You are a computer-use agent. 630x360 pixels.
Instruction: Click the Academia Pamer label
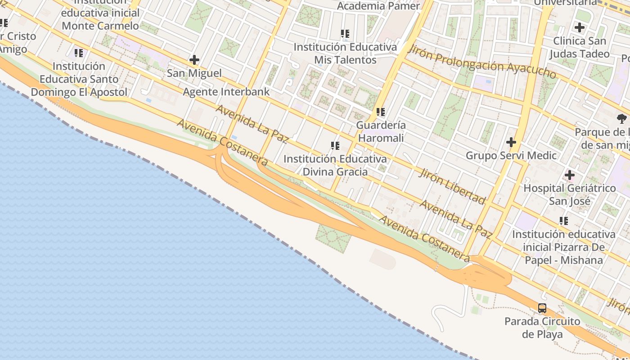click(378, 6)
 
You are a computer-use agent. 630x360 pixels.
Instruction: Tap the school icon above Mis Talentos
click(345, 33)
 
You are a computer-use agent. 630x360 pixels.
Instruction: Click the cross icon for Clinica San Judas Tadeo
click(580, 27)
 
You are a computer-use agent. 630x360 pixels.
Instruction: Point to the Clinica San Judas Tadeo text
click(580, 47)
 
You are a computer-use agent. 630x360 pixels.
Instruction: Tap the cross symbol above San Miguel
click(194, 60)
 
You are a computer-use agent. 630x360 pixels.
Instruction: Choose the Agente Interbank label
click(226, 92)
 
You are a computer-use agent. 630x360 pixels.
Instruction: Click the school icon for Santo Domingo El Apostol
click(79, 53)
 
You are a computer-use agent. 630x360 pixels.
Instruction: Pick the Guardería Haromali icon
click(381, 112)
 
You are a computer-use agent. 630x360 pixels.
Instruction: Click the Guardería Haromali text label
click(381, 131)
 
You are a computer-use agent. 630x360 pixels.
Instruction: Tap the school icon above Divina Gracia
click(335, 145)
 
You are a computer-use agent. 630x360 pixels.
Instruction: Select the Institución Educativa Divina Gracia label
click(335, 165)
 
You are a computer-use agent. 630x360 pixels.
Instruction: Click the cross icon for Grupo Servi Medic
click(511, 143)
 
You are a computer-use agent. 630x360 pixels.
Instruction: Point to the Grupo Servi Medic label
click(511, 156)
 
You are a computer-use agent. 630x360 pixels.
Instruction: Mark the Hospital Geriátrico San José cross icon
click(570, 175)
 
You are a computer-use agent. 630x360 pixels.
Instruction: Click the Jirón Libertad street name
click(452, 185)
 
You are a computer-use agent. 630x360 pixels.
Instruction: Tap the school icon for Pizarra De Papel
click(563, 220)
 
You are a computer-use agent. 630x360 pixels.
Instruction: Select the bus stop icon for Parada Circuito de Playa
click(542, 308)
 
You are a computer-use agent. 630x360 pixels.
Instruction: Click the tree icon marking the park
click(622, 119)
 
